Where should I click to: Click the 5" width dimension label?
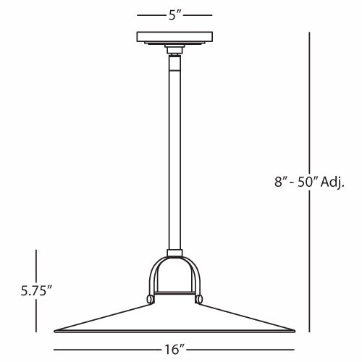[x=174, y=14]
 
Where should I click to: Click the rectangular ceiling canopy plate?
[x=174, y=36]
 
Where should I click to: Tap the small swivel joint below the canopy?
[x=174, y=51]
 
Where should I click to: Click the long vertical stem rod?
[x=174, y=152]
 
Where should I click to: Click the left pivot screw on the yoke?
[x=149, y=298]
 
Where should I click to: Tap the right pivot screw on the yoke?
[x=201, y=298]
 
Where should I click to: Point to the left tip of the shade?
[x=56, y=329]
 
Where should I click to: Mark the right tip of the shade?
[x=294, y=329]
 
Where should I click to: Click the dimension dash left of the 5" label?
[x=149, y=14]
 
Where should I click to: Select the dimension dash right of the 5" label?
[x=200, y=14]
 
